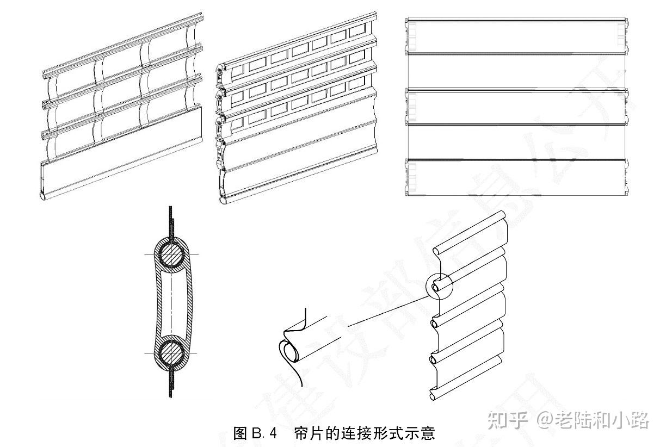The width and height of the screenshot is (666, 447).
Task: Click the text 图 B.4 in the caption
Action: click(x=255, y=433)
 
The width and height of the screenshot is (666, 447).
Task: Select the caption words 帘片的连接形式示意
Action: click(x=364, y=433)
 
